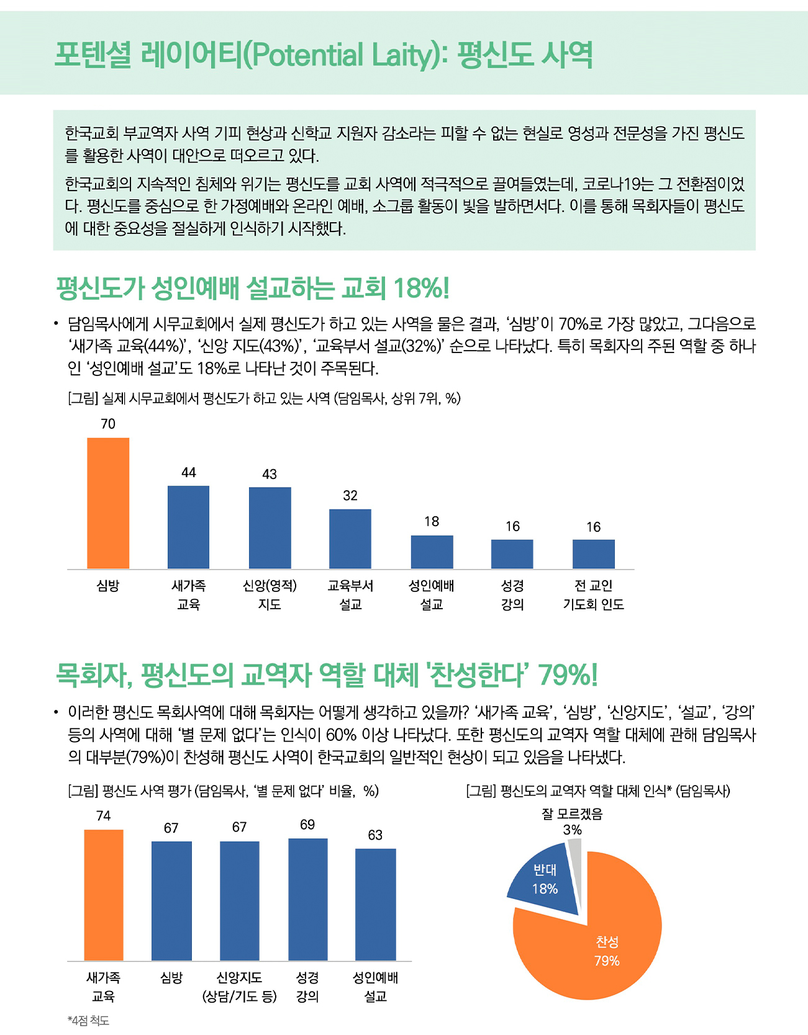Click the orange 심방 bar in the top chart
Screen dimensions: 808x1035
click(x=108, y=503)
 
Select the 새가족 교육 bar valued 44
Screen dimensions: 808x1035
click(x=188, y=527)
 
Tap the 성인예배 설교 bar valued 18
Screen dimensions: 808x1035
click(x=432, y=552)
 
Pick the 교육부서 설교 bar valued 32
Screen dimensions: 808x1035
click(x=350, y=539)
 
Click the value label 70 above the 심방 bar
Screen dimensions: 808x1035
click(x=108, y=424)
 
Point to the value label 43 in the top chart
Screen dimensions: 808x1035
click(x=270, y=474)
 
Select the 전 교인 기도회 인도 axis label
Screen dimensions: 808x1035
click(x=594, y=594)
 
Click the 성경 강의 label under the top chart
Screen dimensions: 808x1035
click(x=512, y=594)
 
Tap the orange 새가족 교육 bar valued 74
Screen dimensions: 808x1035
click(x=104, y=895)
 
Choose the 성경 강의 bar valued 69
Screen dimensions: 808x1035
click(x=308, y=900)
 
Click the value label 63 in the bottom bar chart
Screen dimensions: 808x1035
click(x=375, y=835)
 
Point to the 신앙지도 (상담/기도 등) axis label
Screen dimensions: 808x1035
click(x=239, y=987)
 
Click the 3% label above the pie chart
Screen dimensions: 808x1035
click(x=573, y=830)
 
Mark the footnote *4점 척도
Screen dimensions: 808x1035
click(x=88, y=1021)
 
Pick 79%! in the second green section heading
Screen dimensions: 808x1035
click(x=568, y=675)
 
